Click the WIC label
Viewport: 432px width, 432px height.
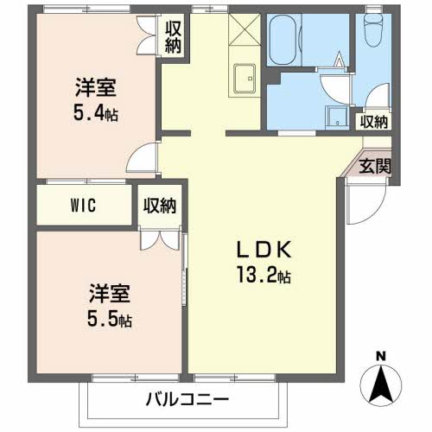(x=83, y=206)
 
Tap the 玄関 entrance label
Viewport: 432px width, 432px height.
(x=375, y=167)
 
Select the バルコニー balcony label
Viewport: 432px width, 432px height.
(x=187, y=399)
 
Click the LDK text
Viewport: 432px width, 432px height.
(x=264, y=250)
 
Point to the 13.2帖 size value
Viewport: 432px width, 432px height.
(x=264, y=275)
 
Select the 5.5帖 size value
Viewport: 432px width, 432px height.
(x=110, y=318)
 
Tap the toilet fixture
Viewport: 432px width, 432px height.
(x=373, y=29)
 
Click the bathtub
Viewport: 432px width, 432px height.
(x=283, y=39)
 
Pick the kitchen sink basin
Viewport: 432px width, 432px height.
(x=245, y=79)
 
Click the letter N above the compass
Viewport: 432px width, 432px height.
(x=381, y=357)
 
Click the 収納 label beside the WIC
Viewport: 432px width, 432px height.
(x=160, y=206)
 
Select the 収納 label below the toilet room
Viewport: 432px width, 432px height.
(x=374, y=123)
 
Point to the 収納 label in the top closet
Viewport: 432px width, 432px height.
(x=173, y=37)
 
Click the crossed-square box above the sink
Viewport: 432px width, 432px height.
(x=245, y=29)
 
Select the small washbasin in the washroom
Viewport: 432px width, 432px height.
(x=337, y=117)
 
